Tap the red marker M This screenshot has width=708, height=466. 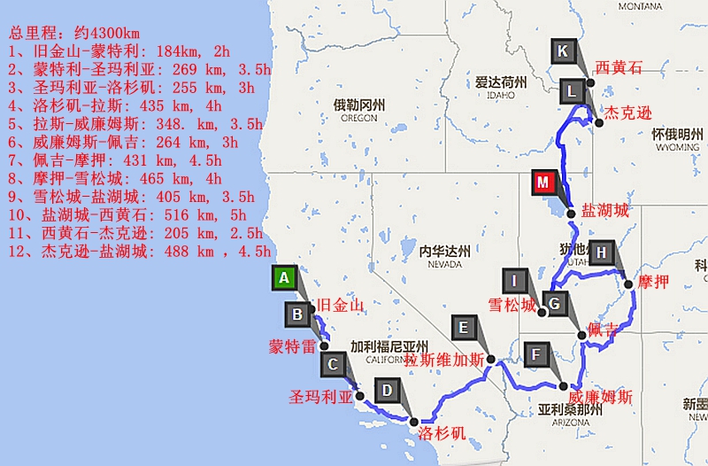point(543,183)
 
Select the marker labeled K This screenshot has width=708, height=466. point(563,51)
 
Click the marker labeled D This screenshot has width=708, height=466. point(387,390)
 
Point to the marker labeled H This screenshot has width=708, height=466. point(602,253)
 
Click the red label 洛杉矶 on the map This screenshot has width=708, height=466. point(441,433)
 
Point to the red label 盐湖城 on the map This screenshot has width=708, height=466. point(605,211)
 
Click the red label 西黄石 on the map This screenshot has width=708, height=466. point(619,67)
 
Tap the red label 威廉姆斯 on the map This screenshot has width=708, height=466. point(601,396)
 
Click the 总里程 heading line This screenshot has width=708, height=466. point(71,33)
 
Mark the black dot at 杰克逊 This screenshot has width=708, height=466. point(599,123)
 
